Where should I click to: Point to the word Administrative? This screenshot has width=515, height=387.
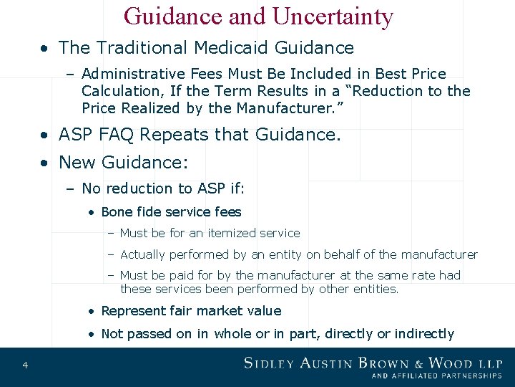(134, 74)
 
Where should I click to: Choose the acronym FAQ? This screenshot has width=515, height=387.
(138, 134)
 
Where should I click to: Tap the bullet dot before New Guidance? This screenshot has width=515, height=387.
(44, 163)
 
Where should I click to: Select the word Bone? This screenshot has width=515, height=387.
(117, 212)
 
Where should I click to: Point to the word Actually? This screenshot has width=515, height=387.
(144, 254)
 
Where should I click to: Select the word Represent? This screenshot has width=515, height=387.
(131, 311)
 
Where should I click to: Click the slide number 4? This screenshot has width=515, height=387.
(25, 365)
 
